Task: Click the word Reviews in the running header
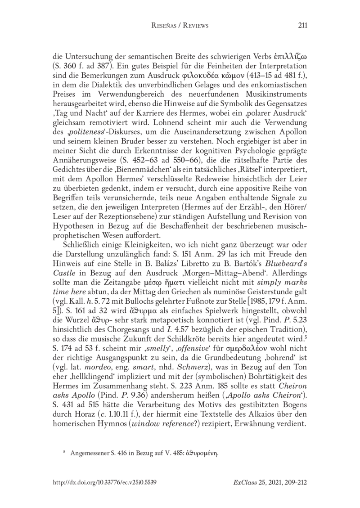coord(194,26)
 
